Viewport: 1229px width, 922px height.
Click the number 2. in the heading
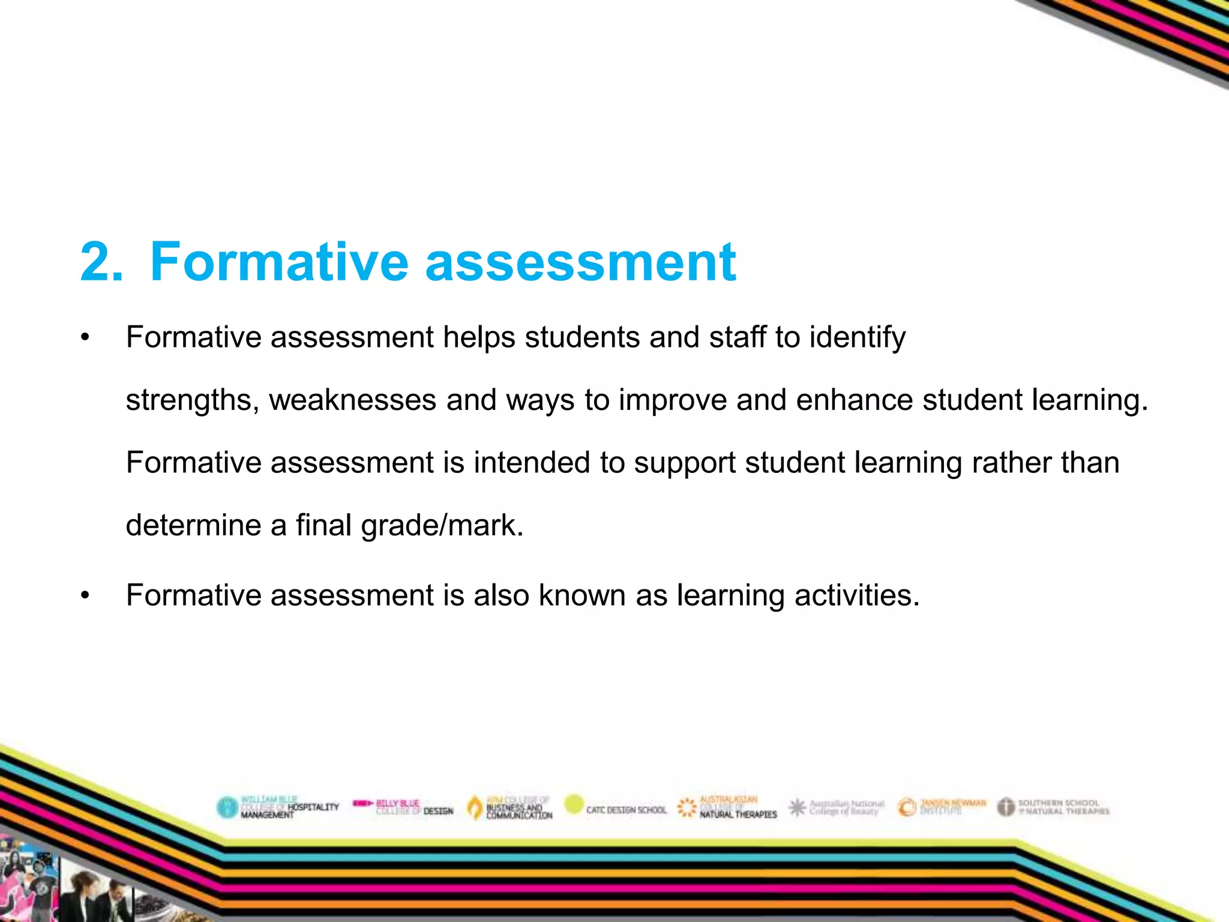(101, 262)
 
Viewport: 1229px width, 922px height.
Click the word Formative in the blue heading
(279, 262)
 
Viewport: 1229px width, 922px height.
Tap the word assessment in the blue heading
(580, 263)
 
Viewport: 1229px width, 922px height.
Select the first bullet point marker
(85, 338)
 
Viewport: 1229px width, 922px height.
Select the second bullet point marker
(85, 596)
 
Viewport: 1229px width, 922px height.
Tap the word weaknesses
(352, 400)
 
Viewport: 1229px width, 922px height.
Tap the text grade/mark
(442, 526)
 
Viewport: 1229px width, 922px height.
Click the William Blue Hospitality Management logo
(278, 807)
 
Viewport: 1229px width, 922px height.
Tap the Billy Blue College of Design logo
(403, 807)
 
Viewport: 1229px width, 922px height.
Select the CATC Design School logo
(616, 808)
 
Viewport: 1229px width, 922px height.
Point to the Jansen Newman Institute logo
(942, 807)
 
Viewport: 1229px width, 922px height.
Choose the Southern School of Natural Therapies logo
(1054, 807)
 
